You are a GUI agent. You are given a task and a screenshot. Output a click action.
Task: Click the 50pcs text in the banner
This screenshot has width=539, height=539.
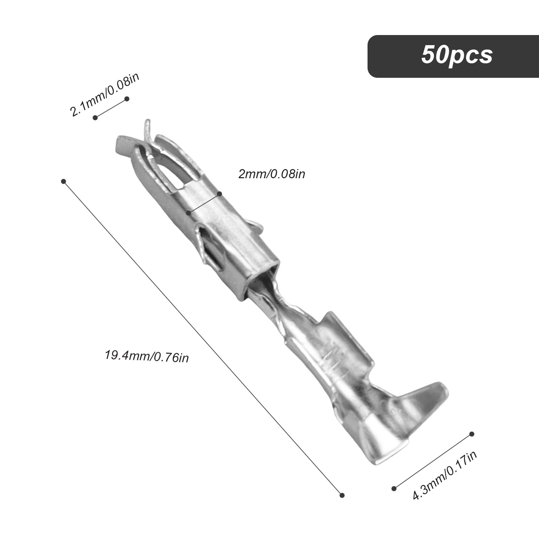click(x=457, y=55)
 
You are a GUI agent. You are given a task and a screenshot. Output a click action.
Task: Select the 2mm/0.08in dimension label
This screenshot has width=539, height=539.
click(x=272, y=174)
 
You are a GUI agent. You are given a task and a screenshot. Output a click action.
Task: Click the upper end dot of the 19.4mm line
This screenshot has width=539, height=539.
click(x=63, y=182)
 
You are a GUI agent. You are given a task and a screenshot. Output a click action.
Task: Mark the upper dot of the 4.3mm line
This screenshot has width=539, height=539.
click(x=472, y=434)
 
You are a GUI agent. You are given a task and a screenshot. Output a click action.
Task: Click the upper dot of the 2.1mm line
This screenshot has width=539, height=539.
click(x=127, y=99)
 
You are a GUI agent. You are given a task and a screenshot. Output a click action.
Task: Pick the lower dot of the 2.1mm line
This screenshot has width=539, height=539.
click(x=95, y=118)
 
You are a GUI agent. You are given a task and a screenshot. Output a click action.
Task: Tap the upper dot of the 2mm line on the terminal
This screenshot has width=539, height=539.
click(x=220, y=194)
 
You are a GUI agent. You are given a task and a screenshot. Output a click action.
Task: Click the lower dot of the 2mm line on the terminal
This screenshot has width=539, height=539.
click(x=189, y=213)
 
